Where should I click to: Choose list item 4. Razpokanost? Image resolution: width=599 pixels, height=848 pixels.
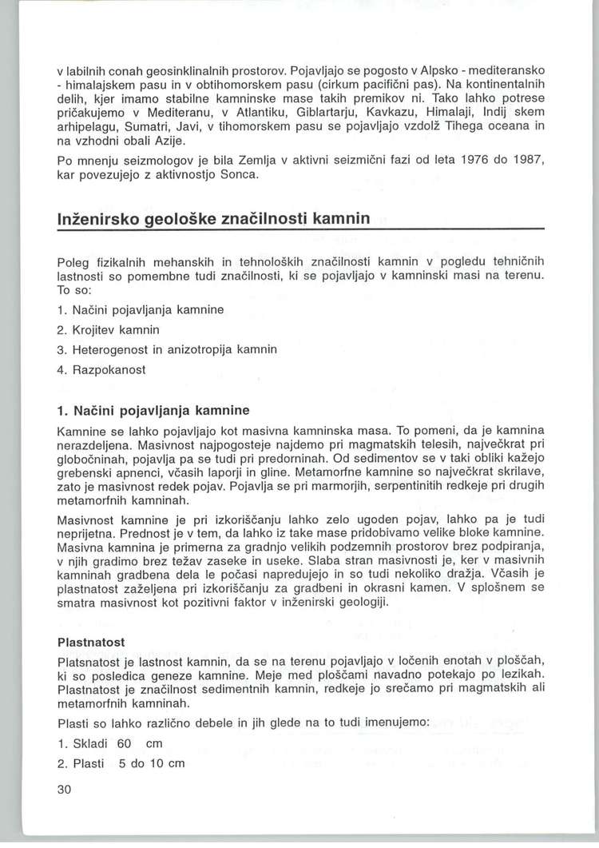tap(107, 371)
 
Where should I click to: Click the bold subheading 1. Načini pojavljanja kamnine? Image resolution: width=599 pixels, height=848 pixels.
tap(153, 411)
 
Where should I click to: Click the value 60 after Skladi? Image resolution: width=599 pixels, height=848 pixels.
tap(124, 743)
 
